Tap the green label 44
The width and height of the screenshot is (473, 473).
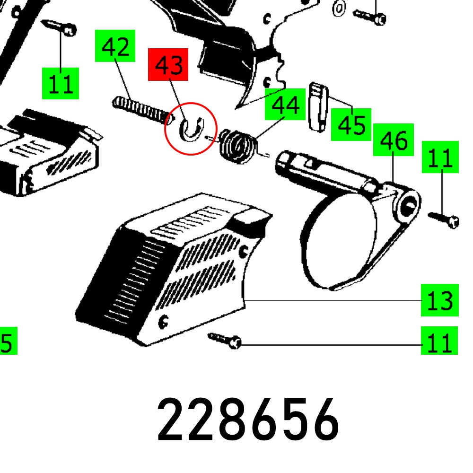(285, 105)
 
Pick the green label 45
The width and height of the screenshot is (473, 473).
(351, 125)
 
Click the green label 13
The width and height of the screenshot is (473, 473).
(440, 300)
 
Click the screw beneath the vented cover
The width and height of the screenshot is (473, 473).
(226, 340)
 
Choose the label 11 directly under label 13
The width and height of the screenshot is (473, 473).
(440, 341)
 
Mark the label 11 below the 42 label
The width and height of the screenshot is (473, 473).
(61, 83)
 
